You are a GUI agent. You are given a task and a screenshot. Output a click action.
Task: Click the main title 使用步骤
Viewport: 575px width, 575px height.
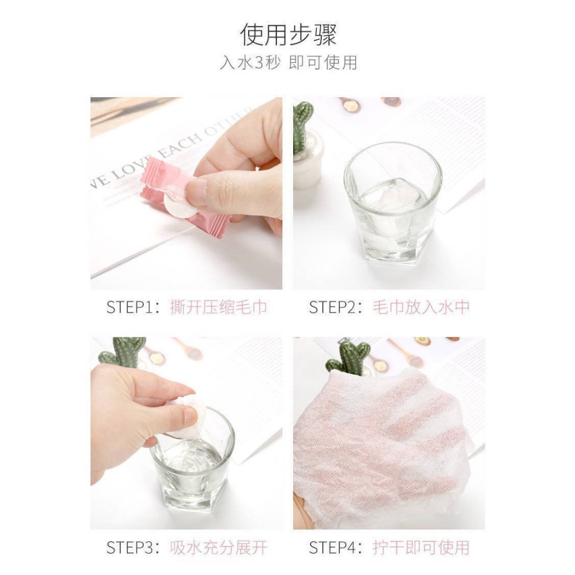(288, 35)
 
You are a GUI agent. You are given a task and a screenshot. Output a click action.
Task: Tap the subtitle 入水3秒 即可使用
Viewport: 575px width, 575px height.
(288, 62)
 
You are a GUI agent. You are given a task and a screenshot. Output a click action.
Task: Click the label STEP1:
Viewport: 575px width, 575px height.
(133, 307)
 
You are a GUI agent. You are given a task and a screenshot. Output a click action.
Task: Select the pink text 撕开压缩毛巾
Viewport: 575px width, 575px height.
(218, 307)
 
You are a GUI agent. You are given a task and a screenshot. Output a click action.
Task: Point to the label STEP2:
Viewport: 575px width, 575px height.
(336, 307)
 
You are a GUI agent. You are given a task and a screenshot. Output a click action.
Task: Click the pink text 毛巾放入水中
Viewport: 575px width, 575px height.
(421, 307)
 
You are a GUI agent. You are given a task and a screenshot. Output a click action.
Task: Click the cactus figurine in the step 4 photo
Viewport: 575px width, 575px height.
(346, 358)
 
